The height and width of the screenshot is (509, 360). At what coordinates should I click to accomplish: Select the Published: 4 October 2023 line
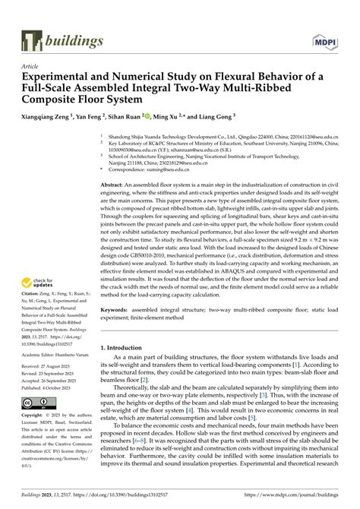pos(50,387)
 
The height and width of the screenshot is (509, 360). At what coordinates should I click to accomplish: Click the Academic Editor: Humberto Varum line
pos(58,353)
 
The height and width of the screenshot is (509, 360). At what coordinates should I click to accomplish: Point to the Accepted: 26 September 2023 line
pos(53,381)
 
